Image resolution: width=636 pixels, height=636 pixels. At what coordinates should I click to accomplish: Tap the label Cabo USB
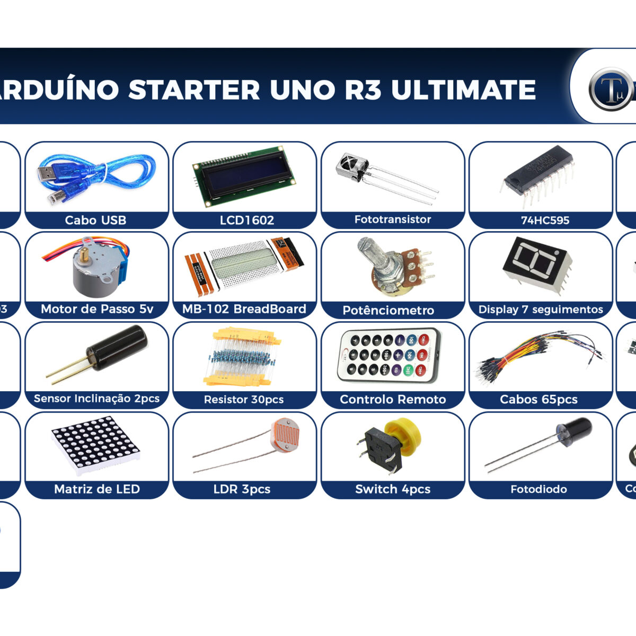point(95,220)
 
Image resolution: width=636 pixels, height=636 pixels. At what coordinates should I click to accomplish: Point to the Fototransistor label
point(392,219)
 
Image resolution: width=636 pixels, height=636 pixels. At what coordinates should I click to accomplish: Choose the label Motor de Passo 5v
point(97,309)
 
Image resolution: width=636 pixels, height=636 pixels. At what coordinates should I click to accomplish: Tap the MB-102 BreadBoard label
point(244,309)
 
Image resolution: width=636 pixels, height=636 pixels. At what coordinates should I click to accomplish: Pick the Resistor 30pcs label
point(244,400)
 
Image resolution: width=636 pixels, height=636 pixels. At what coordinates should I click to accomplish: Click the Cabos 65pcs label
point(538,400)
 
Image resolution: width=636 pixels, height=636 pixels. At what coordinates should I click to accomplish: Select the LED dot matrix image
point(95,445)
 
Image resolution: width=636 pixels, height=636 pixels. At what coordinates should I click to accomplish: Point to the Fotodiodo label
point(538,489)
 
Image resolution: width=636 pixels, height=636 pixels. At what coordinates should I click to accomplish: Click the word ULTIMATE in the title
point(463,90)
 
